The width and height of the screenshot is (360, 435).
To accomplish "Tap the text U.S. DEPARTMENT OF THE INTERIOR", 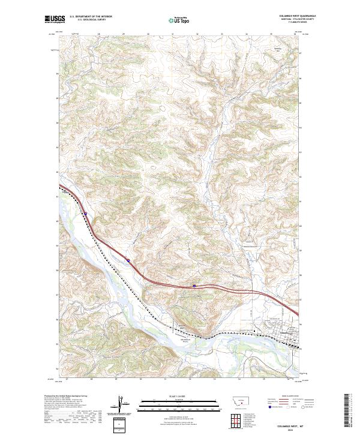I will [x=91, y=17].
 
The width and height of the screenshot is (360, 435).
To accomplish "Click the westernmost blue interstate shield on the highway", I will [x=86, y=213].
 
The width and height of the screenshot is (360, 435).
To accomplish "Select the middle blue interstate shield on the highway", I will [x=128, y=260].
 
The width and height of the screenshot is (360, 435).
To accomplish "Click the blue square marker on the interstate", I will [x=194, y=286].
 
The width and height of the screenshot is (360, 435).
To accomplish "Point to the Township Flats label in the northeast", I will [x=277, y=51].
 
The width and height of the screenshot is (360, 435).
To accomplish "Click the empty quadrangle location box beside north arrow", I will [x=122, y=423].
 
